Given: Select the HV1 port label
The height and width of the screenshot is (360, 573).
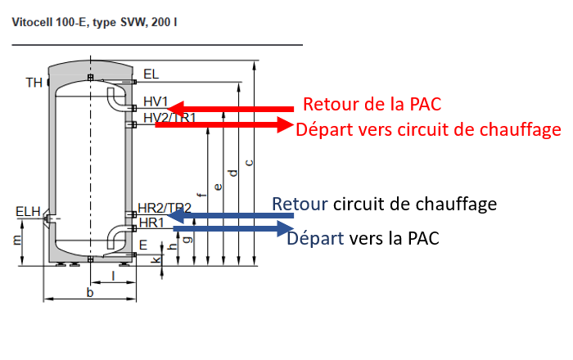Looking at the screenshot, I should [156, 102].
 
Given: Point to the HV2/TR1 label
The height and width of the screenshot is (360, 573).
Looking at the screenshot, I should [169, 118].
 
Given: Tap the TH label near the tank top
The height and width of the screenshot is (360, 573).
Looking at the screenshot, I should [34, 83].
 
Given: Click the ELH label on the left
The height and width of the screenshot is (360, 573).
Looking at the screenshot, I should [28, 213].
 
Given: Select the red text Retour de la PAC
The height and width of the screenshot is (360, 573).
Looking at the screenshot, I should [372, 105].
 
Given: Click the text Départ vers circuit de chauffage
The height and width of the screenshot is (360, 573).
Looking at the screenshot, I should [428, 129].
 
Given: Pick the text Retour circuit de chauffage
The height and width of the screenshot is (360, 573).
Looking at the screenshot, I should [385, 203].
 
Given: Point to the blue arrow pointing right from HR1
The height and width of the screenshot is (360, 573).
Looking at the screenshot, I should [232, 228].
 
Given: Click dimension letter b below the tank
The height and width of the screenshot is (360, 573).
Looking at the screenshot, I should [89, 292].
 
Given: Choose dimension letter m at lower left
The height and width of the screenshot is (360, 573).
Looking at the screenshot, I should [17, 241].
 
